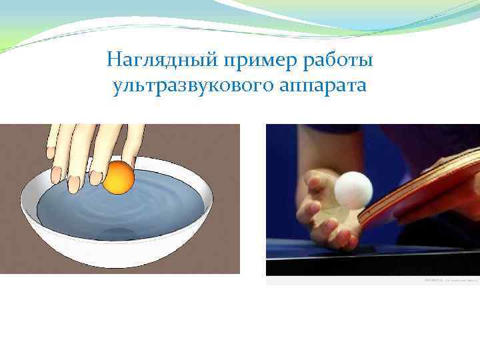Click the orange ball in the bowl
[119, 177]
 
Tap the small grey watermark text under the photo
[451, 281]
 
